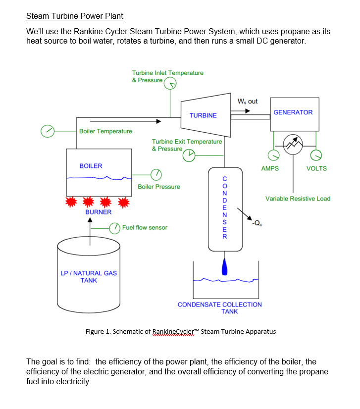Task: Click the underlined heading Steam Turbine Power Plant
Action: point(74,16)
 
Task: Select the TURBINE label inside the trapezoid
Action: point(203,115)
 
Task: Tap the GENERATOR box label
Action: point(293,112)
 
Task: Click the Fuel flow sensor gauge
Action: point(115,228)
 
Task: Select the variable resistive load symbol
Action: point(293,144)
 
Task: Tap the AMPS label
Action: point(270,168)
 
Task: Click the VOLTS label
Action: point(316,168)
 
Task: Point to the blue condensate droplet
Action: point(225,267)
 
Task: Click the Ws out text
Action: point(248,102)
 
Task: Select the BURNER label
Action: point(99,212)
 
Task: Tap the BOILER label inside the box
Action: point(91,166)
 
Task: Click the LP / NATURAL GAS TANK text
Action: point(89,277)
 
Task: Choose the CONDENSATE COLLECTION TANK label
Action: point(220,308)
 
